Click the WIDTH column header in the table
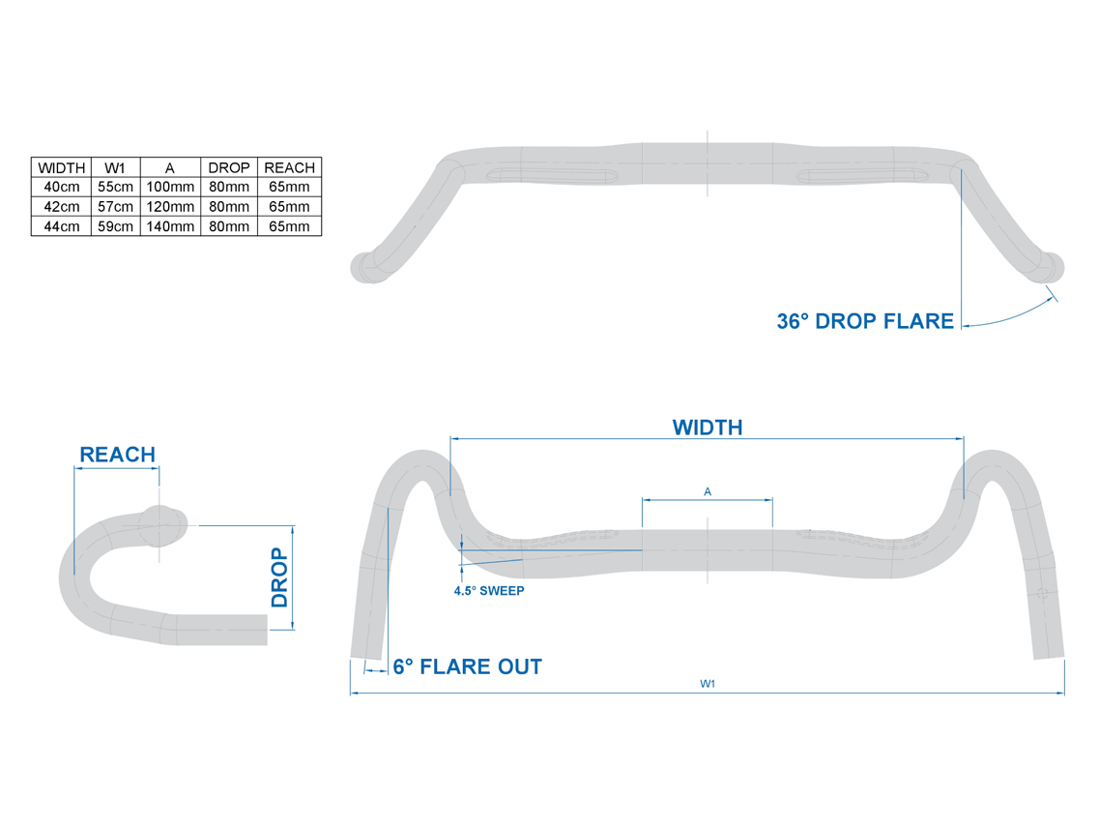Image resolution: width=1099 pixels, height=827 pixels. pyautogui.click(x=63, y=167)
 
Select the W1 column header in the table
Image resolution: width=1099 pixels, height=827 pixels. pyautogui.click(x=116, y=167)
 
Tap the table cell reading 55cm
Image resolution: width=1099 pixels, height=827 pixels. pyautogui.click(x=116, y=187)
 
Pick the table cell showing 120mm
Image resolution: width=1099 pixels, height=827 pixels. pyautogui.click(x=169, y=207)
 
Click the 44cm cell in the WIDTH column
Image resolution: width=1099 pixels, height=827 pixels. pyautogui.click(x=63, y=226)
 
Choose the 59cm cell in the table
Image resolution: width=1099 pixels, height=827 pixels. pyautogui.click(x=116, y=226)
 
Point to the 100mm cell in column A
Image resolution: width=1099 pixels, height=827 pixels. pyautogui.click(x=169, y=187)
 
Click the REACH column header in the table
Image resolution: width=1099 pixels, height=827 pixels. pyautogui.click(x=289, y=167)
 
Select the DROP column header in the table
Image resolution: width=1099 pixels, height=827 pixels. pyautogui.click(x=229, y=167)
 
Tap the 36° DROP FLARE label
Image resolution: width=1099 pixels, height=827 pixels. pyautogui.click(x=865, y=322)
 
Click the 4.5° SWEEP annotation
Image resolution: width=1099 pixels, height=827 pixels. pyautogui.click(x=489, y=590)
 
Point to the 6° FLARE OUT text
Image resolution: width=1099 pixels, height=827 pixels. pyautogui.click(x=468, y=666)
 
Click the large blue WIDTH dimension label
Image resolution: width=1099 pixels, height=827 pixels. pyautogui.click(x=708, y=428)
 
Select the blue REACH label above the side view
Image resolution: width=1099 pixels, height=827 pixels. pyautogui.click(x=117, y=455)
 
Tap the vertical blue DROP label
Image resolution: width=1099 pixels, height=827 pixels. pyautogui.click(x=280, y=577)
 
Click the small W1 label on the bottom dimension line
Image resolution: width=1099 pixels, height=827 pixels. pyautogui.click(x=708, y=684)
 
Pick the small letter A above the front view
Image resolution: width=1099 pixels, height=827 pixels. pyautogui.click(x=708, y=492)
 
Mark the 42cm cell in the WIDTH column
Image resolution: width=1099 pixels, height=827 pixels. pyautogui.click(x=63, y=207)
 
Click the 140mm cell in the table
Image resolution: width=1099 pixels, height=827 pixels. pyautogui.click(x=169, y=226)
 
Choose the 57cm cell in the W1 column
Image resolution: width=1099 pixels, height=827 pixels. pyautogui.click(x=116, y=207)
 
